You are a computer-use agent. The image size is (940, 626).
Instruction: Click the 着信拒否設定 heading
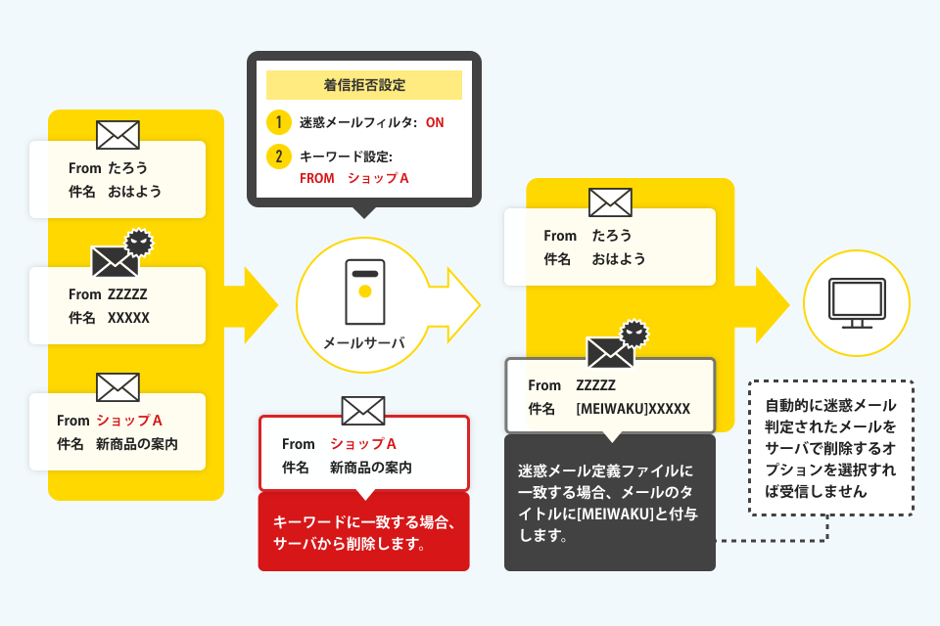pyautogui.click(x=364, y=85)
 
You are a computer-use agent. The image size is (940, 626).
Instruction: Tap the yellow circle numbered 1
pyautogui.click(x=279, y=122)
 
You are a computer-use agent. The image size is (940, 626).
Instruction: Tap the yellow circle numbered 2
pyautogui.click(x=279, y=156)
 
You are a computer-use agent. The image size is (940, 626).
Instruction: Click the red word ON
pyautogui.click(x=435, y=123)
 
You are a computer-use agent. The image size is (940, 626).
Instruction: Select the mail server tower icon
pyautogui.click(x=364, y=291)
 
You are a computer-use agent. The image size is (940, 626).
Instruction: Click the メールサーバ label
pyautogui.click(x=364, y=342)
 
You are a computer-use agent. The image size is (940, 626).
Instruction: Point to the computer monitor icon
pyautogui.click(x=857, y=302)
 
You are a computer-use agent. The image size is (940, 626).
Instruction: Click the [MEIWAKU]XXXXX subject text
pyautogui.click(x=634, y=409)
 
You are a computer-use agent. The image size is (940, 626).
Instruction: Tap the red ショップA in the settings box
pyautogui.click(x=378, y=179)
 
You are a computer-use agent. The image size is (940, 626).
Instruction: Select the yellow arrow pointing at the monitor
pyautogui.click(x=763, y=305)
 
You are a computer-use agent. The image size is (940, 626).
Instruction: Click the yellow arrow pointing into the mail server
pyautogui.click(x=252, y=305)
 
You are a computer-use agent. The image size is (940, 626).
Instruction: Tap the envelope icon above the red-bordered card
pyautogui.click(x=363, y=411)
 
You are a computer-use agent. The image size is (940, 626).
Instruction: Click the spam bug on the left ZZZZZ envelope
pyautogui.click(x=139, y=242)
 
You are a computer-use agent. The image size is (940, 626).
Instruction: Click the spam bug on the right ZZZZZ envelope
pyautogui.click(x=634, y=334)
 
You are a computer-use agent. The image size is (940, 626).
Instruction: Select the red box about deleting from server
pyautogui.click(x=364, y=531)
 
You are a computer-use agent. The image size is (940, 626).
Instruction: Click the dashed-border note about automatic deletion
pyautogui.click(x=831, y=447)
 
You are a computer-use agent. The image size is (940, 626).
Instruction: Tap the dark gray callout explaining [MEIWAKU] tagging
pyautogui.click(x=610, y=503)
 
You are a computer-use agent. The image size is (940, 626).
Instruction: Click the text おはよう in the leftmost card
pyautogui.click(x=135, y=192)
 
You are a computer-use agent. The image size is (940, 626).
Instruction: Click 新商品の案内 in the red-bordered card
pyautogui.click(x=370, y=468)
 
